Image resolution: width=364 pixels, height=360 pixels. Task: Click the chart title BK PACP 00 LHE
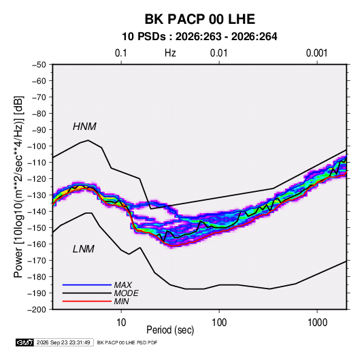200,19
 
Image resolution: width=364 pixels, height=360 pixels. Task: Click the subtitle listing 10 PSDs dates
199,37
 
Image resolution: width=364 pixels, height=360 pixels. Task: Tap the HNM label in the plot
84,127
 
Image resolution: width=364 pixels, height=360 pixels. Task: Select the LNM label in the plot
84,249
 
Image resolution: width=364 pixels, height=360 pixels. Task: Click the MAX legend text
122,285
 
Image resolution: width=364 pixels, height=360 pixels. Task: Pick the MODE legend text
127,293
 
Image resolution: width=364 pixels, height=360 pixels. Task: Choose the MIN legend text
121,301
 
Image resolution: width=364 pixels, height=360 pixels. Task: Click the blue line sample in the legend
87,284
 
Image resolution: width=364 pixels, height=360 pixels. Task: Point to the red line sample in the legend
87,301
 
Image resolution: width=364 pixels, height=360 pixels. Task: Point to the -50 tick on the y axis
39,65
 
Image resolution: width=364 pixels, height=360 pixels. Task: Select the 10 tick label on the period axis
121,323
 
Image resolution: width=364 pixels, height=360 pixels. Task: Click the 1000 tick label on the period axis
317,323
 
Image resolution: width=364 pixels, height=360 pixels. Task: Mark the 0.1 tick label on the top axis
121,53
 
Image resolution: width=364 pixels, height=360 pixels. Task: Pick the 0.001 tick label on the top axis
316,53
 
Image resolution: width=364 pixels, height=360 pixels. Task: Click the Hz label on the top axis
170,53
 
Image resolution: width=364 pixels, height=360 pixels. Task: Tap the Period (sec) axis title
170,330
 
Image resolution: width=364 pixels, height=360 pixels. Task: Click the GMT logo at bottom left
25,342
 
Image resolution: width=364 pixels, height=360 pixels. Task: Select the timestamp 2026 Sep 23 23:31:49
63,342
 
